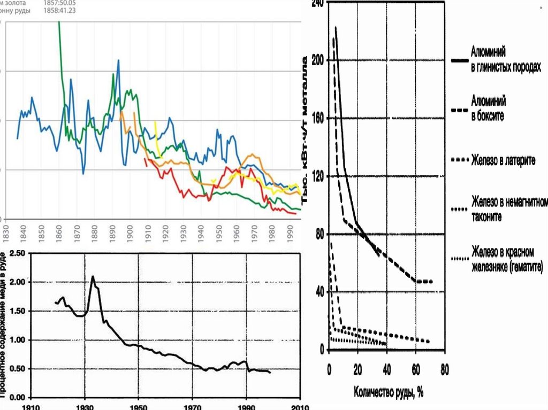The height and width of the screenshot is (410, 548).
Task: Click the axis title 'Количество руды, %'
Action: (388, 392)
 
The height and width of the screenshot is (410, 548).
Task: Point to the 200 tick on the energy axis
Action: (317, 60)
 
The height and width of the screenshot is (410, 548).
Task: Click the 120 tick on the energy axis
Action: (317, 176)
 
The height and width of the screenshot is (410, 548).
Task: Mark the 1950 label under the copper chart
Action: (138, 406)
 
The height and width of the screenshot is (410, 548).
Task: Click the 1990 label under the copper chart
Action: (246, 406)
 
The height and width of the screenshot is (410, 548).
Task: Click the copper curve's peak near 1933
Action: (93, 276)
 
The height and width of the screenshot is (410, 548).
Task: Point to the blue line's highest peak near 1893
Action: (118, 60)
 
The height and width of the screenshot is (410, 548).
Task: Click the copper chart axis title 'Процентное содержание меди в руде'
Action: (7, 324)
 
